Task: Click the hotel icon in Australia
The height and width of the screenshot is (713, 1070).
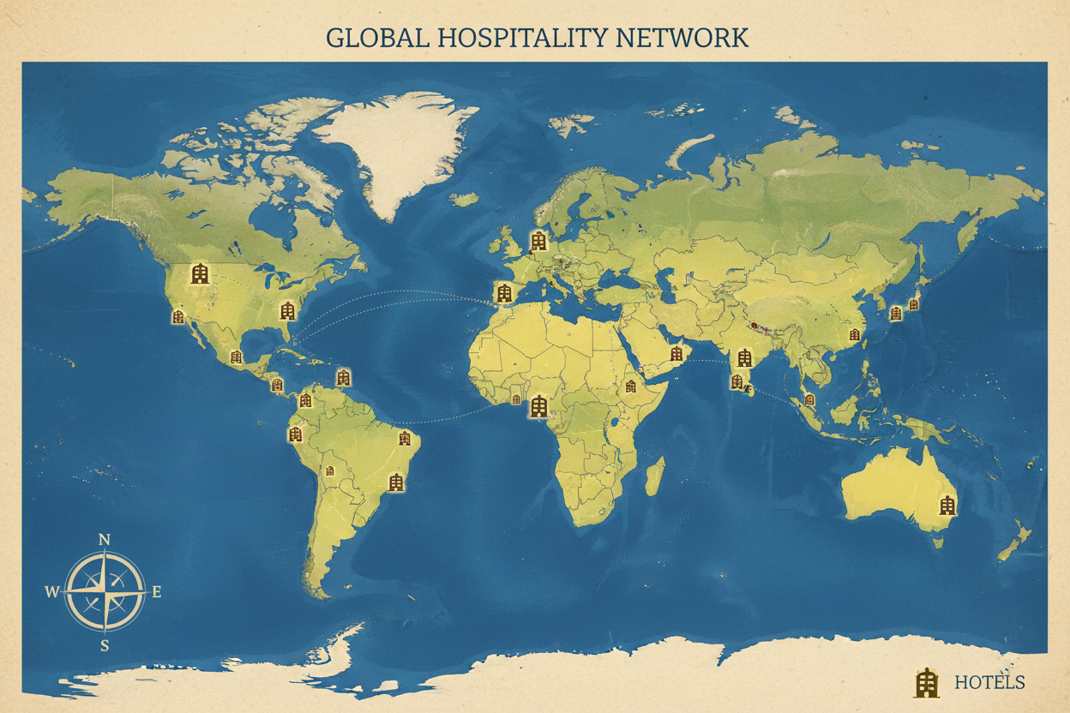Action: pyautogui.click(x=947, y=505)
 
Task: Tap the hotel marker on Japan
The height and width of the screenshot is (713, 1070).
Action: pyautogui.click(x=914, y=303)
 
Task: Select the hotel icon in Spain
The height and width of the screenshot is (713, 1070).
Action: pyautogui.click(x=503, y=293)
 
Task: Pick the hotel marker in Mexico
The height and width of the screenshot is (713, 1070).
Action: pyautogui.click(x=236, y=356)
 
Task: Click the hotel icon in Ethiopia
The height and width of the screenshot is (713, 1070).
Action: pyautogui.click(x=631, y=386)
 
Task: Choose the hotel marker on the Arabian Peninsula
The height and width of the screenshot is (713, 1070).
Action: pyautogui.click(x=676, y=353)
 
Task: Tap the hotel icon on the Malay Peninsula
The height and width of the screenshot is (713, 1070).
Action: pyautogui.click(x=809, y=398)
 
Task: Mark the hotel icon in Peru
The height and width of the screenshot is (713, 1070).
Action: pyautogui.click(x=296, y=434)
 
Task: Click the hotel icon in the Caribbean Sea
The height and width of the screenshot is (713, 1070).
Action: pyautogui.click(x=344, y=376)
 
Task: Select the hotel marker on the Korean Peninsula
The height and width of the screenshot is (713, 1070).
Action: pyautogui.click(x=896, y=313)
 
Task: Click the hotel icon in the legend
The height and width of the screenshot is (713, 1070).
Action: pyautogui.click(x=926, y=681)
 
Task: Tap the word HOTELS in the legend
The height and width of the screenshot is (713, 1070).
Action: pyautogui.click(x=989, y=682)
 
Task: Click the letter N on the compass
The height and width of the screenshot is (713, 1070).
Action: pyautogui.click(x=105, y=539)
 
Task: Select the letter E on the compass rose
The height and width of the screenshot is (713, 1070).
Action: pyautogui.click(x=156, y=591)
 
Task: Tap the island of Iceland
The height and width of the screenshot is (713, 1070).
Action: pyautogui.click(x=464, y=199)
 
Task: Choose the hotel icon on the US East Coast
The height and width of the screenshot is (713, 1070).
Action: pyautogui.click(x=287, y=310)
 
